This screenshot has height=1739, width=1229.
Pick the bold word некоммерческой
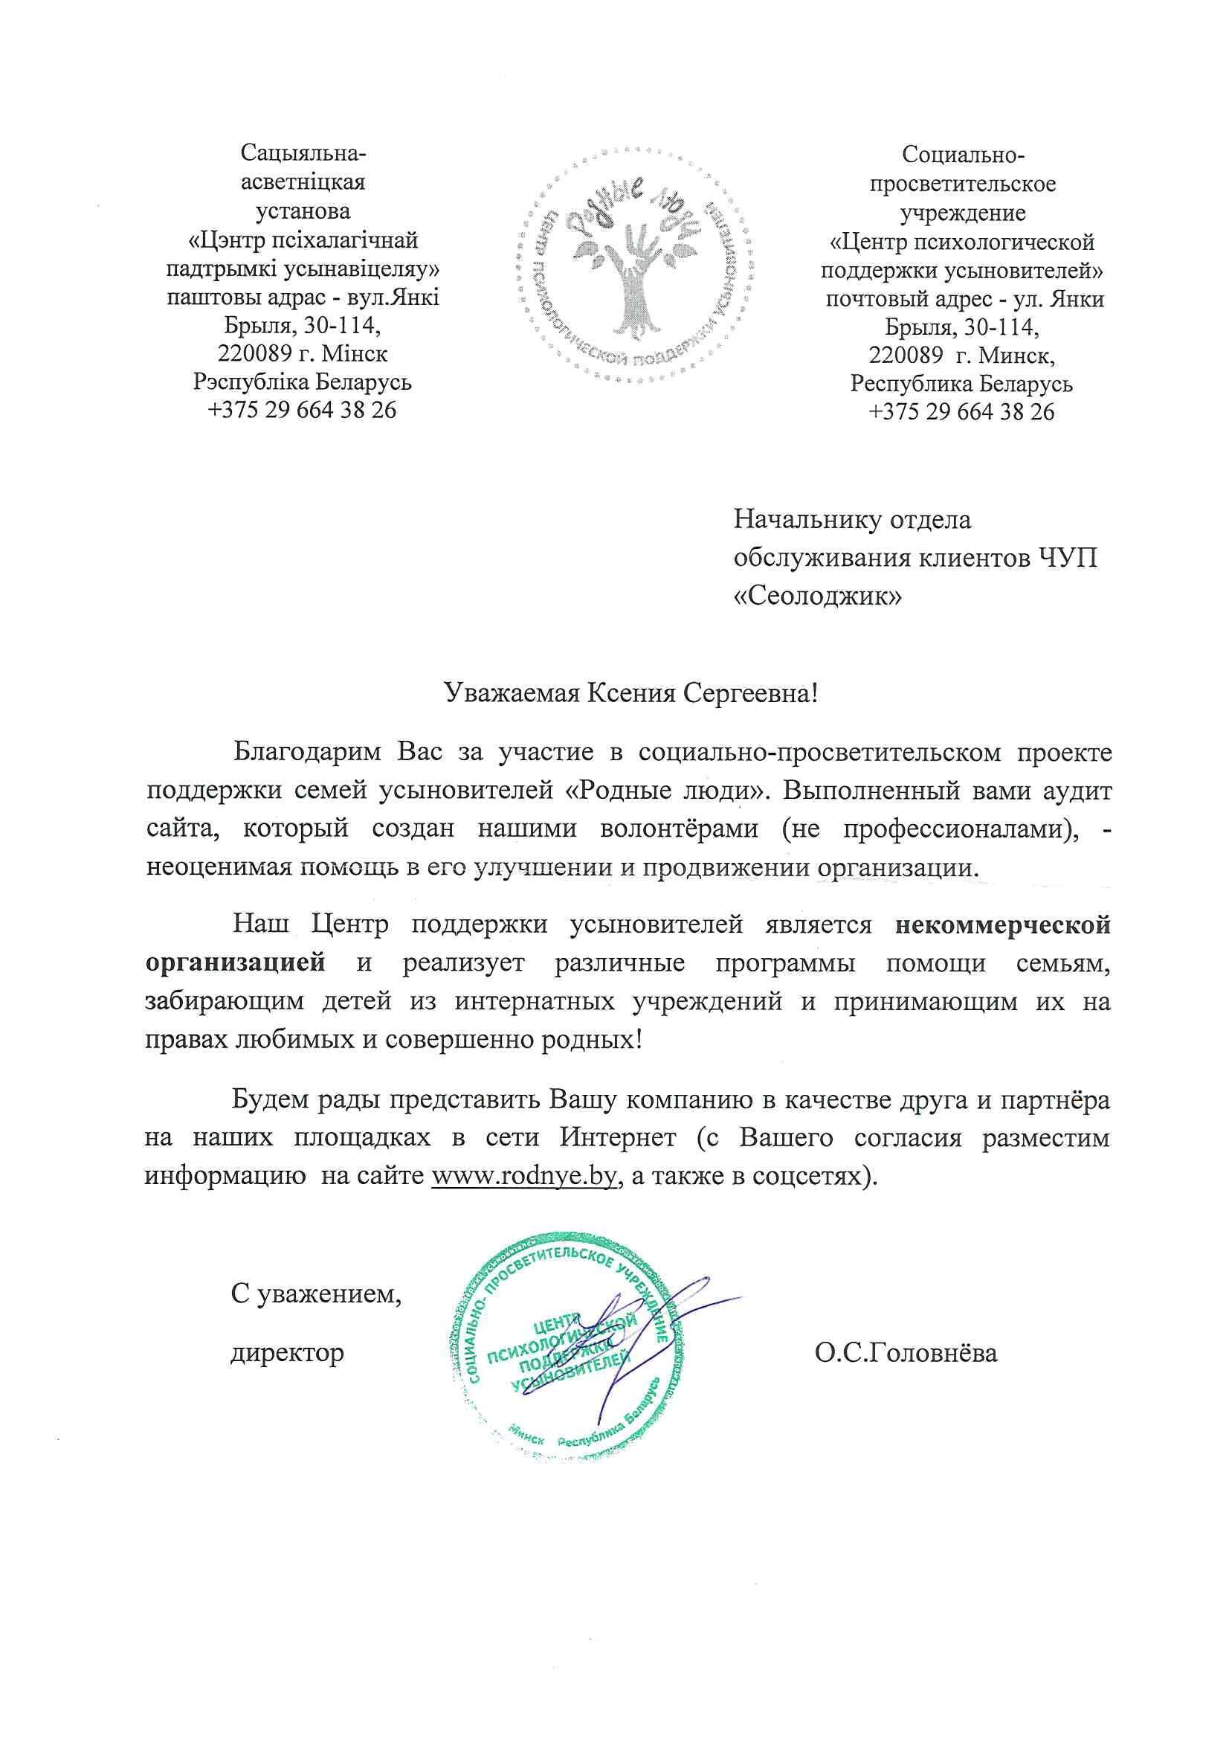tap(1002, 925)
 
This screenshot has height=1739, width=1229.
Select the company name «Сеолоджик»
tap(819, 597)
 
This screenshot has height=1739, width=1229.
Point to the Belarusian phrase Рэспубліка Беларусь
tap(303, 382)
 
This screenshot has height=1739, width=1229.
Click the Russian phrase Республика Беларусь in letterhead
tap(961, 383)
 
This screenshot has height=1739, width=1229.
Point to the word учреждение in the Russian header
tap(961, 213)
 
